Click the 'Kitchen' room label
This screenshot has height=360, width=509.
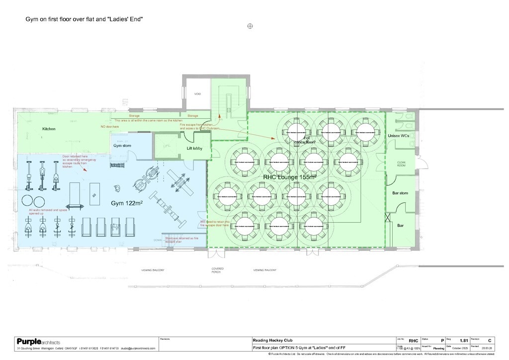[x=49, y=129]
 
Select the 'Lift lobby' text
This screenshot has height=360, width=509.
[x=195, y=148]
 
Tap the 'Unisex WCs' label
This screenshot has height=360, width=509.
[x=400, y=136]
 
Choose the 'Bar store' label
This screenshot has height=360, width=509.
[x=400, y=193]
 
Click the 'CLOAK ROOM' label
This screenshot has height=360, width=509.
[x=401, y=165]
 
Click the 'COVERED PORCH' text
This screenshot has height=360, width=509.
[x=216, y=271]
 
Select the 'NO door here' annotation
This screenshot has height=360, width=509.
[x=110, y=127]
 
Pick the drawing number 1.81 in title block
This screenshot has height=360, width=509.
[x=464, y=341]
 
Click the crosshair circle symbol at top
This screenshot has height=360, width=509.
[x=251, y=26]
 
